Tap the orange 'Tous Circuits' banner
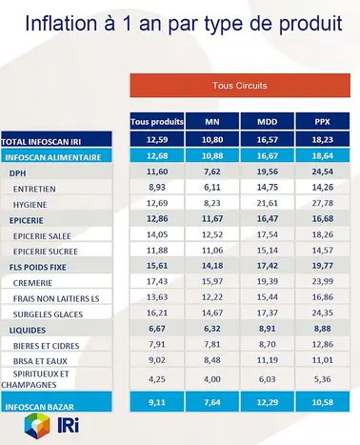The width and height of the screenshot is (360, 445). click(x=238, y=86)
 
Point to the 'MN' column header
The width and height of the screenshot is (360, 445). click(x=211, y=122)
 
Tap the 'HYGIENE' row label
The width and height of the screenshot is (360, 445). click(x=30, y=205)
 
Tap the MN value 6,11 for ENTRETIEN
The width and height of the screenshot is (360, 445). click(x=211, y=190)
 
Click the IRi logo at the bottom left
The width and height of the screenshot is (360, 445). click(x=29, y=428)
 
